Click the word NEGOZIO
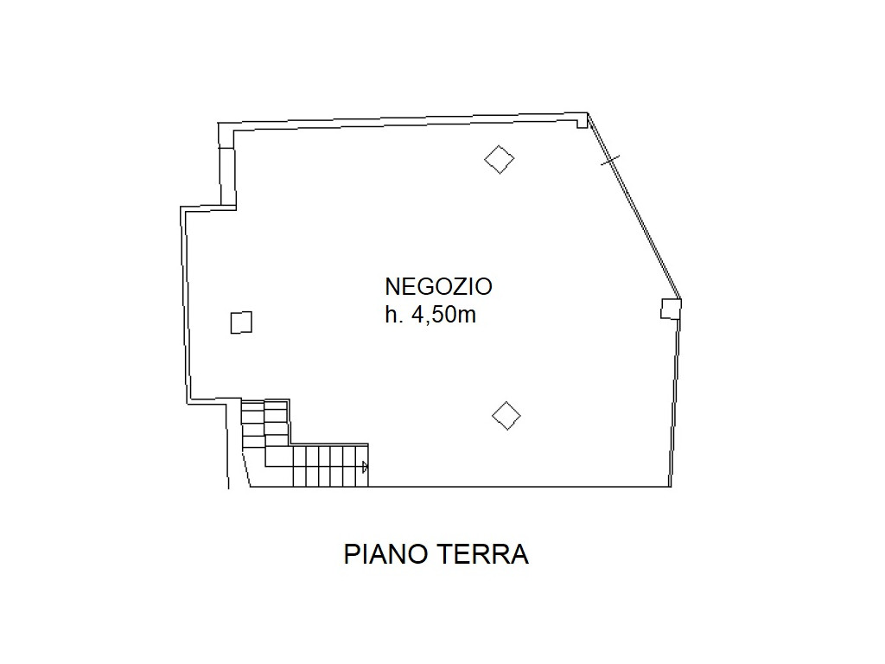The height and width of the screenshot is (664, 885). point(438,287)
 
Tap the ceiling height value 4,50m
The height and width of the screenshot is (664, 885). point(444,315)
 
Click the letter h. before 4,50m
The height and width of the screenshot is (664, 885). point(394,315)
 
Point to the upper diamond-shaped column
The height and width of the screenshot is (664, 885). point(500,160)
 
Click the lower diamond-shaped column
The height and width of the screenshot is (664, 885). point(506,416)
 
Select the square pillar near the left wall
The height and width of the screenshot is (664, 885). point(242,322)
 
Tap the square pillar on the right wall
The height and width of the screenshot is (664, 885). point(671,309)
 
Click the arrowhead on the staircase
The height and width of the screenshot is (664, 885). point(366,467)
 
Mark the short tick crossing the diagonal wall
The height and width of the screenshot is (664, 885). point(610,160)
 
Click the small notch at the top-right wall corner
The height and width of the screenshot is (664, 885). point(582,121)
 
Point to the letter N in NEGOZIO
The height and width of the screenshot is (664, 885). point(393,287)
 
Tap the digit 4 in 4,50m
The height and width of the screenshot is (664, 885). point(418,315)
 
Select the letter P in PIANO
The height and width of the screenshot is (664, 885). point(352,554)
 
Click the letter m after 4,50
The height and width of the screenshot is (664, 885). point(468,316)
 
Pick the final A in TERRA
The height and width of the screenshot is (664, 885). point(519,554)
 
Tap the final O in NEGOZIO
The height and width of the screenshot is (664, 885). point(482,287)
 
